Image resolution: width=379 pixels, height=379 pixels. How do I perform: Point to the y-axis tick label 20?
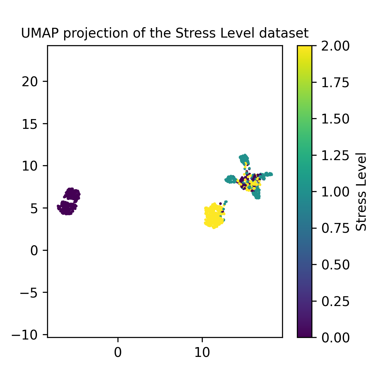click(30, 81)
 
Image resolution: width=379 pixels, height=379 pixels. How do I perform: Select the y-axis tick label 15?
click(30, 124)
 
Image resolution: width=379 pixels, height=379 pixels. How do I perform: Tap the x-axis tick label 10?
click(202, 353)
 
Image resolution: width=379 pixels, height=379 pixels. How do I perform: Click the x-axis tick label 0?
click(118, 353)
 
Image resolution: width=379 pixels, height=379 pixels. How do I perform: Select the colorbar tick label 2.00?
click(335, 46)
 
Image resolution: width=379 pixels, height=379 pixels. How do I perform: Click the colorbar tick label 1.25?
click(335, 155)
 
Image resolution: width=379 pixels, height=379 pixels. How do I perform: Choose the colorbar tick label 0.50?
click(335, 265)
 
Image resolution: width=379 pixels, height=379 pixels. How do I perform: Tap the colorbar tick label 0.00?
click(335, 337)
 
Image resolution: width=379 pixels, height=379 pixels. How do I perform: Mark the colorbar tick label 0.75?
click(335, 228)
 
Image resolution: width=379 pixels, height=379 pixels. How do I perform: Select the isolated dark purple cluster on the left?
click(69, 202)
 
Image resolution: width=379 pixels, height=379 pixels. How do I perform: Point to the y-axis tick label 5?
click(34, 208)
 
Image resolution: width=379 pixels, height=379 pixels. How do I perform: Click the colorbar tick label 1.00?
click(335, 192)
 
